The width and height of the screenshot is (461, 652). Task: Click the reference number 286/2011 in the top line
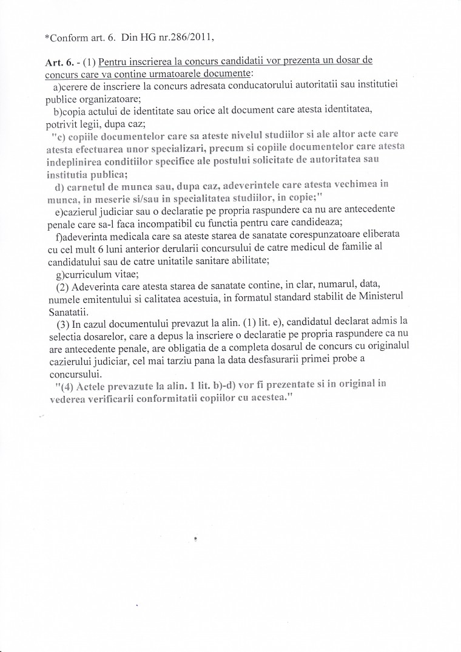click(x=189, y=36)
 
